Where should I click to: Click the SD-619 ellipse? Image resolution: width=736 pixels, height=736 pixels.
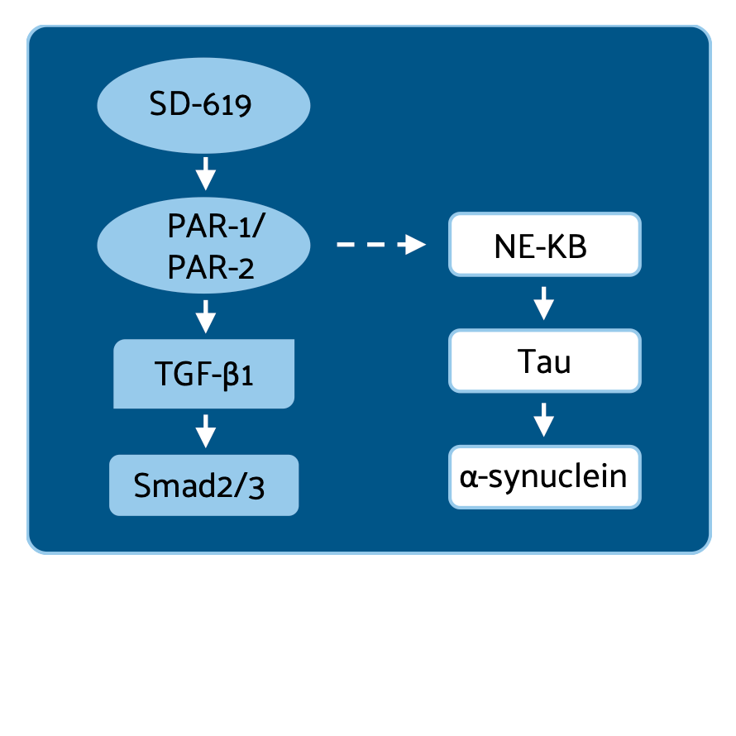[203, 106]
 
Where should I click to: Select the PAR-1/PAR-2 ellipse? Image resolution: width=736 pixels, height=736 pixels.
[203, 246]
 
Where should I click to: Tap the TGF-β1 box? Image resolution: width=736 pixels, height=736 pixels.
[203, 374]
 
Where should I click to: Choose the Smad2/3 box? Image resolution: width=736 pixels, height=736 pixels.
[203, 485]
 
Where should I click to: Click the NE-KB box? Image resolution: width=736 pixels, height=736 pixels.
[544, 245]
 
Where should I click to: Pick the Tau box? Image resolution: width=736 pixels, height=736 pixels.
[544, 361]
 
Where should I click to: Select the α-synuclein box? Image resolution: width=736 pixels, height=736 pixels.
[544, 476]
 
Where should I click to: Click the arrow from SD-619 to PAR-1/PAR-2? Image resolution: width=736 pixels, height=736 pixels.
[204, 174]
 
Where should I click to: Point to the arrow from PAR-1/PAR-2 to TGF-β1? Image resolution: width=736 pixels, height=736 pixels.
[204, 315]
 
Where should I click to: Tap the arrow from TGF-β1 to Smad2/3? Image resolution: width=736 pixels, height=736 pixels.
[204, 430]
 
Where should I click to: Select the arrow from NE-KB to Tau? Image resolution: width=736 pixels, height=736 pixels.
[543, 303]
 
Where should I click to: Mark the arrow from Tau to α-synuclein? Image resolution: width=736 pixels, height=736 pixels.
[543, 418]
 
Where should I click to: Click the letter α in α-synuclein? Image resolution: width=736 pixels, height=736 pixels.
[467, 477]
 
